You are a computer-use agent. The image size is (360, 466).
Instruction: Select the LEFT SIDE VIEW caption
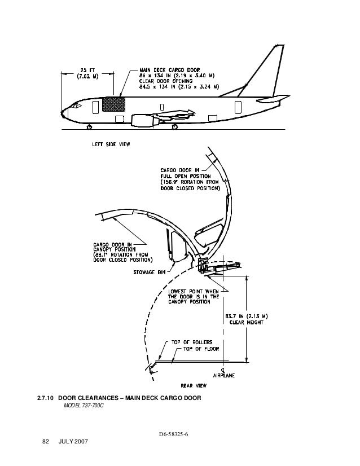pos(111,144)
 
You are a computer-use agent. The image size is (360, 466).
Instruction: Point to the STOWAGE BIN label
pos(148,271)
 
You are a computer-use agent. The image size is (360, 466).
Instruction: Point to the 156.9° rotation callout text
pos(190,180)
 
